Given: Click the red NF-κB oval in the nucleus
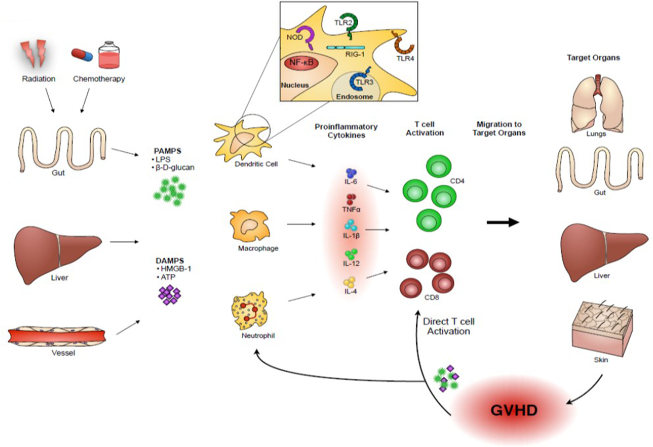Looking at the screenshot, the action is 301,63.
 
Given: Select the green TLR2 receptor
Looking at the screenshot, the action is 348,24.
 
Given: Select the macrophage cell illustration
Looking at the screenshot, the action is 249,226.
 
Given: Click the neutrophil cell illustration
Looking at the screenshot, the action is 250,311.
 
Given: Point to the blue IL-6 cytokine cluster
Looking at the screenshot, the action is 351,173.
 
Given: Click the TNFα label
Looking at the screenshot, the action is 351,209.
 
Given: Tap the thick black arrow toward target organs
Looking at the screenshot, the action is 503,222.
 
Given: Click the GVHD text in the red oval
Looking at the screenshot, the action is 514,410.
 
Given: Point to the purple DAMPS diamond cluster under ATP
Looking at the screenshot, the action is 170,295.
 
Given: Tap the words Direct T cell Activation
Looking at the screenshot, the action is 448,326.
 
